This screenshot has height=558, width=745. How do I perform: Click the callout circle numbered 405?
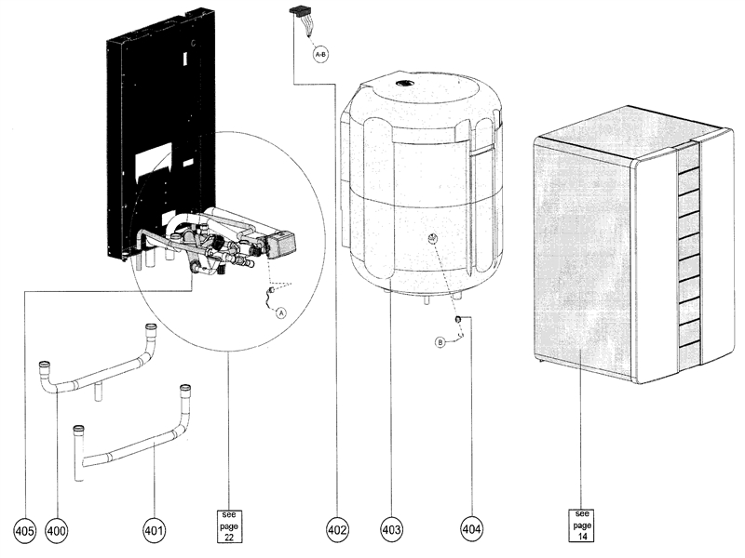tap(24, 529)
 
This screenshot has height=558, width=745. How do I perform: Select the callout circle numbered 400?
tap(56, 529)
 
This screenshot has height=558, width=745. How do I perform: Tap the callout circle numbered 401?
tap(154, 529)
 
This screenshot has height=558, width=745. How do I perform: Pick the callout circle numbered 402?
tap(337, 529)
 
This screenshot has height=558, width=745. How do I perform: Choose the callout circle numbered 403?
tap(391, 529)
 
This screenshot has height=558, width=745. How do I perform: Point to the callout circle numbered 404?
tap(472, 529)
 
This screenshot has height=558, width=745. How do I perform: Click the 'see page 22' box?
tap(228, 525)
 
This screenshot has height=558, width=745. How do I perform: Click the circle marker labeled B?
tap(440, 342)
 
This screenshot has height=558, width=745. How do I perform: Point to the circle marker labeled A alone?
tap(279, 313)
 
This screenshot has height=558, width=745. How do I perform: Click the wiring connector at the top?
tap(301, 14)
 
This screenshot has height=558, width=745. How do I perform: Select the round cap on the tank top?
tap(406, 84)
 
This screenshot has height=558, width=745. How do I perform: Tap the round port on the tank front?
tap(432, 240)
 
